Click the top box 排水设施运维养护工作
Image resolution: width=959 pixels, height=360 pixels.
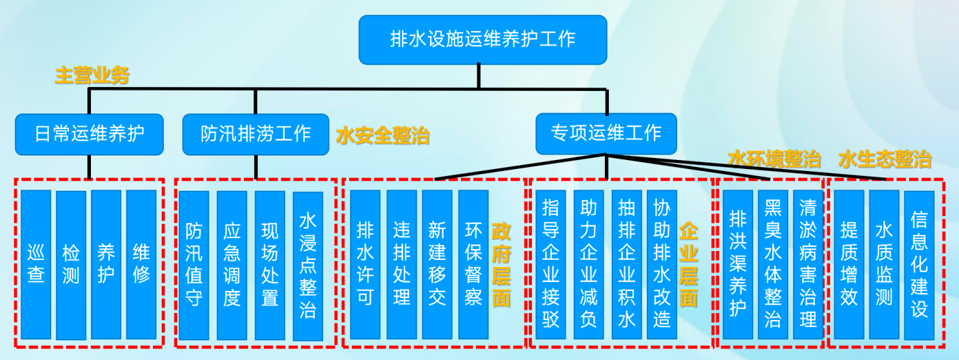[482, 39]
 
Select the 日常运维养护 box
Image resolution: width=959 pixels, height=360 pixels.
[89, 134]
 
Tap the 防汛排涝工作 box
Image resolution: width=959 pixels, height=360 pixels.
[255, 134]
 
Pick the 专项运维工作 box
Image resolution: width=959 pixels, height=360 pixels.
[606, 134]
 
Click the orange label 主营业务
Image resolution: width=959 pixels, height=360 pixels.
[92, 76]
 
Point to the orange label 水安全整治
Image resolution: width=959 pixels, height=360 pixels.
[382, 137]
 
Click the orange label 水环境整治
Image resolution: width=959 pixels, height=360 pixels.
[774, 159]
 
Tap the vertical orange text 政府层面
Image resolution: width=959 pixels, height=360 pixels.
[501, 265]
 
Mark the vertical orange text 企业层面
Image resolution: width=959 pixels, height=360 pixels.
[689, 265]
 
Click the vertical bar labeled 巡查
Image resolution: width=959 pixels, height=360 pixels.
[36, 265]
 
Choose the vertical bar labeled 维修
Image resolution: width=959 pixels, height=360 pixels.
[141, 265]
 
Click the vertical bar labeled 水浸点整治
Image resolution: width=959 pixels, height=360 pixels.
[308, 265]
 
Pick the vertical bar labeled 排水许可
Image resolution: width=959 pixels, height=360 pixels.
[366, 265]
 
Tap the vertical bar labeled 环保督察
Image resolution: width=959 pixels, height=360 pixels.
[473, 265]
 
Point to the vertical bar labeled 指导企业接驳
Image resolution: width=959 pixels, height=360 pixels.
[551, 265]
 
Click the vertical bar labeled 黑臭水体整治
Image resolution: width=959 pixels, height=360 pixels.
[773, 265]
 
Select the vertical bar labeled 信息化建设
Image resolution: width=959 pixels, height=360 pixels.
[919, 265]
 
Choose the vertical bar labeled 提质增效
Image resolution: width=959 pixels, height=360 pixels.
[849, 265]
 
